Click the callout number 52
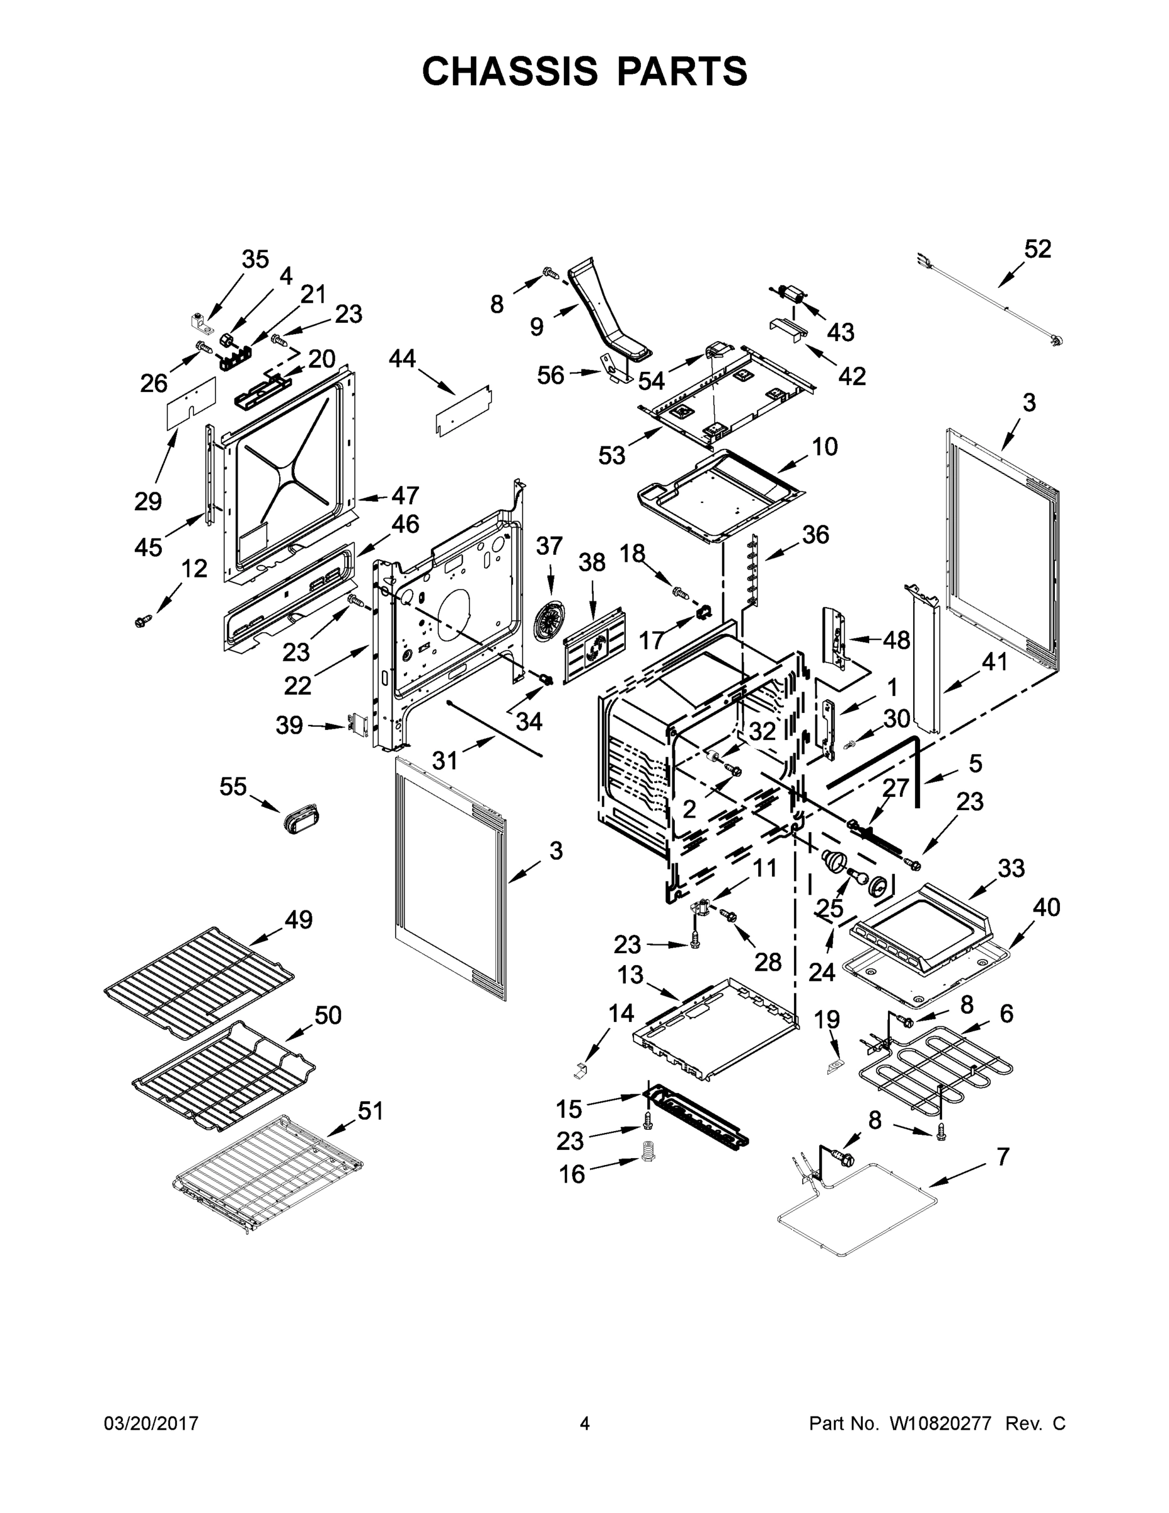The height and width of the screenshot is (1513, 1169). click(1037, 250)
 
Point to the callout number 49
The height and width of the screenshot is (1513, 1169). click(299, 919)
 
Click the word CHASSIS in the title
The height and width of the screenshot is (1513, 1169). click(510, 71)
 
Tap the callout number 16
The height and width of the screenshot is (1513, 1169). click(572, 1174)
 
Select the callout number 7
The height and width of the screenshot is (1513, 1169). click(1003, 1156)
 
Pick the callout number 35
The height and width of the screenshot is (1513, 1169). click(255, 259)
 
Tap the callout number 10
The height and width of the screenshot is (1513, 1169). click(824, 446)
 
